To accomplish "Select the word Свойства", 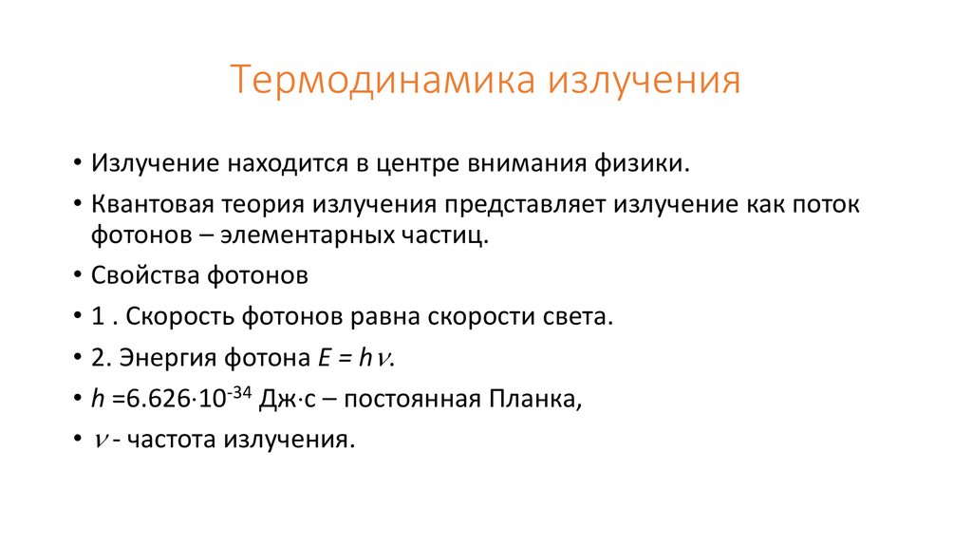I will pos(140,276).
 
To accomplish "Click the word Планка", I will pos(533,400).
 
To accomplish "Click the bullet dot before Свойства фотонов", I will pos(75,276).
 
